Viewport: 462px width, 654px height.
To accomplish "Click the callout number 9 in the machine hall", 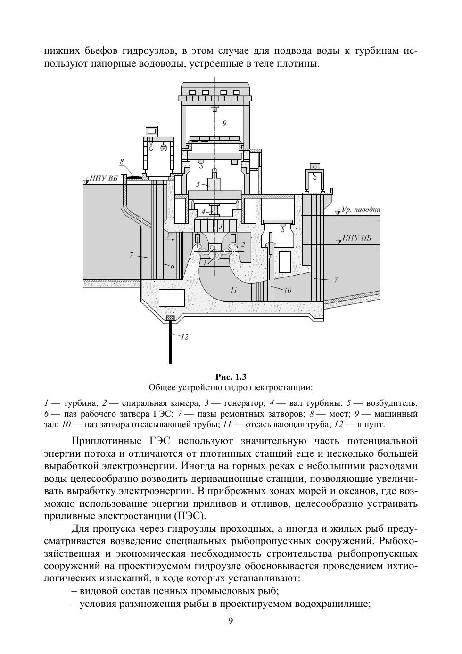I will tap(224, 123).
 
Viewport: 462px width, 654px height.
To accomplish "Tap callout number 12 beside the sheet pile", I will tap(185, 336).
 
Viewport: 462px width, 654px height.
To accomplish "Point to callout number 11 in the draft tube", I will tap(234, 290).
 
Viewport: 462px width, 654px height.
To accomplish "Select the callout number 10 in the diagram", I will tap(288, 290).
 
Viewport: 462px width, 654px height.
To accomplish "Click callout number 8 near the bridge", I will tap(122, 162).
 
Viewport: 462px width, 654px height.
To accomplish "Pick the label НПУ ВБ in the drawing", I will tap(104, 178).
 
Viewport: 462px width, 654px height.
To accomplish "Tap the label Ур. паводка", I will tap(361, 209).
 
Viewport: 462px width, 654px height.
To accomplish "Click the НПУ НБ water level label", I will tap(357, 238).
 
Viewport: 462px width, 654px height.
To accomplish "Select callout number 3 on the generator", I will tap(220, 226).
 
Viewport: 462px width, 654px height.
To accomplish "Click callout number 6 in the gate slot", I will tap(173, 266).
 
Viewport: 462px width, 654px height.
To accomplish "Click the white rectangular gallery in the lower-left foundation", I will tap(172, 298).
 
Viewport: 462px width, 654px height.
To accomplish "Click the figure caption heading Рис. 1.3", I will tap(231, 377).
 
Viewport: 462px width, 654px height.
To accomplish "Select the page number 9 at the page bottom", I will tap(231, 621).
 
